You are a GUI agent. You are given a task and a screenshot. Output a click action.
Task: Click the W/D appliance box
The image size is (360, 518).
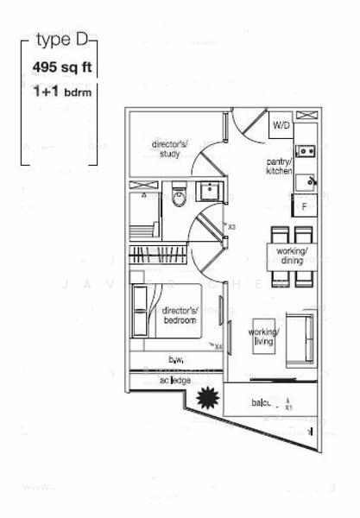pyautogui.click(x=281, y=126)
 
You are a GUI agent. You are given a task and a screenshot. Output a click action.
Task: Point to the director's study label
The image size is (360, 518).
pyautogui.click(x=168, y=149)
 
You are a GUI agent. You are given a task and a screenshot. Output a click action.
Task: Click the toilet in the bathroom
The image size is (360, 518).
pyautogui.click(x=179, y=195)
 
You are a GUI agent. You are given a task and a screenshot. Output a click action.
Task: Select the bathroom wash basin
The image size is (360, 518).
pyautogui.click(x=209, y=191)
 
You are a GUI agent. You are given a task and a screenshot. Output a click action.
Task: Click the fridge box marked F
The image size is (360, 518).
pyautogui.click(x=304, y=205)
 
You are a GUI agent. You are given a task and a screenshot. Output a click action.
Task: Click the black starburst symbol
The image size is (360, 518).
pyautogui.click(x=208, y=399)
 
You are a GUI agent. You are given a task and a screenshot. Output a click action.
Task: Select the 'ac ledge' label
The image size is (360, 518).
pyautogui.click(x=180, y=381)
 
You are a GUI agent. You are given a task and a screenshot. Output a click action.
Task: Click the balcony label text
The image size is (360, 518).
pyautogui.click(x=263, y=402)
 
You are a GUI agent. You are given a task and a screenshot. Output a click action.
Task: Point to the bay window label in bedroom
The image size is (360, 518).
pyautogui.click(x=177, y=358)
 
